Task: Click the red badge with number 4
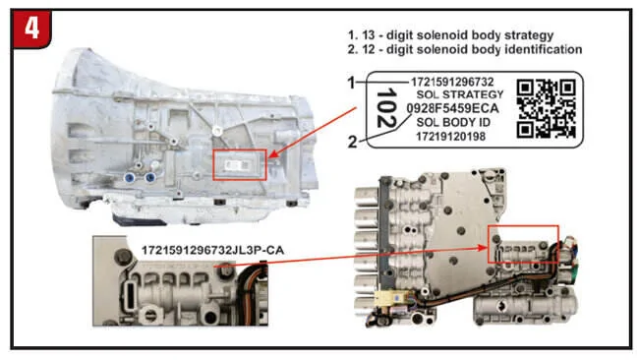[29, 29]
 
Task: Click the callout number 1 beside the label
[351, 82]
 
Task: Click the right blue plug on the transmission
[150, 178]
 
